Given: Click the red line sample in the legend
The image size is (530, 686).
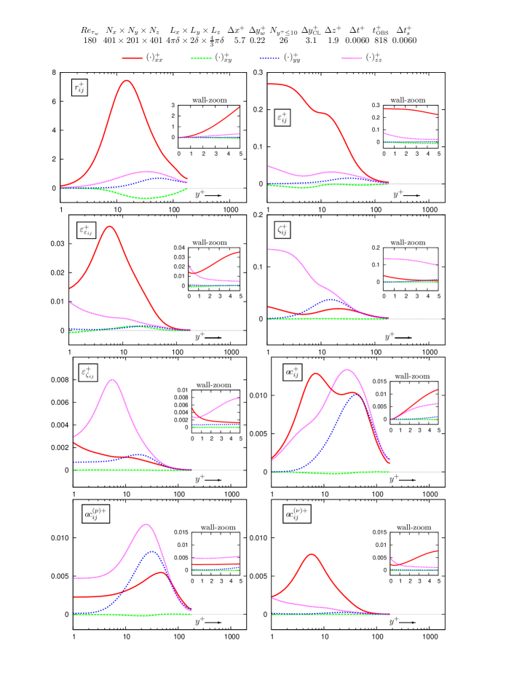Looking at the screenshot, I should [x=132, y=58].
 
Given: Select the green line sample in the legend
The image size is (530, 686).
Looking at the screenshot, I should [x=201, y=58].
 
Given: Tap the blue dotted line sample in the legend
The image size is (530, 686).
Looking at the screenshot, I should [x=269, y=58].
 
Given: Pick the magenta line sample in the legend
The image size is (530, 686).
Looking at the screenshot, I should [x=352, y=58].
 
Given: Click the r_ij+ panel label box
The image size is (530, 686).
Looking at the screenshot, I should [x=79, y=88].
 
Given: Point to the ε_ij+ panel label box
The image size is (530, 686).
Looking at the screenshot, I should [x=282, y=117].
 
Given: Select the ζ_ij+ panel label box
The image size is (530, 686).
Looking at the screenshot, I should [x=282, y=230].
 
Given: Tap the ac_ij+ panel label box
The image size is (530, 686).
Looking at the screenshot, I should [x=293, y=372].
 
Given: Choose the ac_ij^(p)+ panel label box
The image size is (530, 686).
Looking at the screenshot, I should [x=95, y=514].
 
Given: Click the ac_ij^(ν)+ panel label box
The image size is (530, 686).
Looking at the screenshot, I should [x=296, y=514].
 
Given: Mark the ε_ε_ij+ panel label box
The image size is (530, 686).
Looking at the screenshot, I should [x=86, y=230].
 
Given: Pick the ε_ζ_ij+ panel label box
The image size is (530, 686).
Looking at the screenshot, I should [x=87, y=373].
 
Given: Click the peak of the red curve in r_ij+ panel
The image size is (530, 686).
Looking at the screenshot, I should [x=127, y=80].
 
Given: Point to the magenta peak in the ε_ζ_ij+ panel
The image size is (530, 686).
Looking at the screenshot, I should [x=112, y=379].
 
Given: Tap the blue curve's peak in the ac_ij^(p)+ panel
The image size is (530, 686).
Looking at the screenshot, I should [x=151, y=551].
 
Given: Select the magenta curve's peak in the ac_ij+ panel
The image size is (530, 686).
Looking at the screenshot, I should [x=347, y=369].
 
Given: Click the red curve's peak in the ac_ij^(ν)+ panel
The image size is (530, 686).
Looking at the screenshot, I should [x=312, y=554].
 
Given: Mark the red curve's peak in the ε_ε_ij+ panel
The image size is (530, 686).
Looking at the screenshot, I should [x=109, y=226].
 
